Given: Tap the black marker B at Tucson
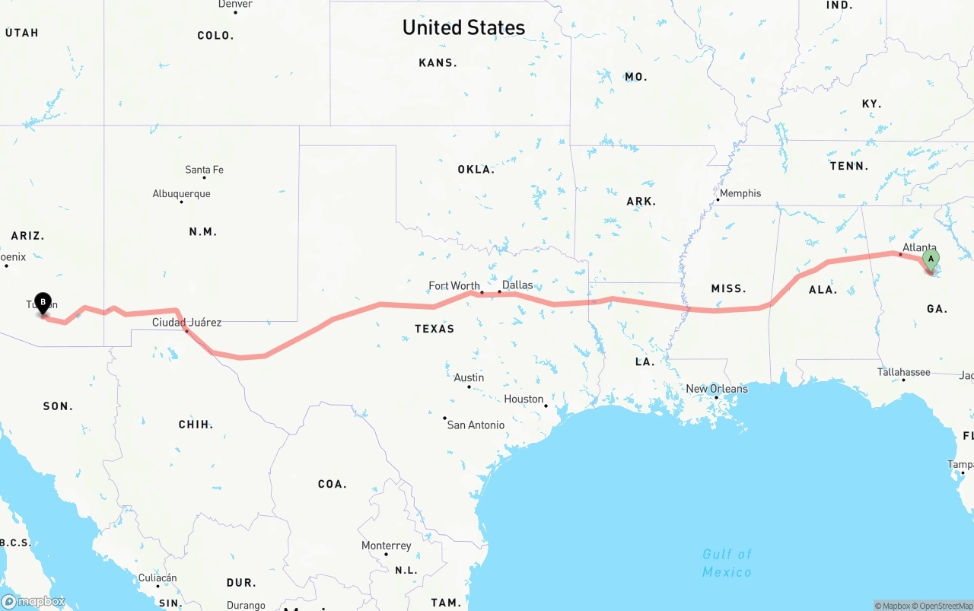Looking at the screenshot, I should pos(43,304).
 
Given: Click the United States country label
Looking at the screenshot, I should pos(463,27).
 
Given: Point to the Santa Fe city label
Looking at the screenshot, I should pos(204,170).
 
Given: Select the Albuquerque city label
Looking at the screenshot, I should pos(181,194).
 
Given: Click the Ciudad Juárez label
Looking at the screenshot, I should pos(186,323).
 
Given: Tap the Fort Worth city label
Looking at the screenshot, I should pos(454,286).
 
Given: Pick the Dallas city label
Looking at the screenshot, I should pos(517,285).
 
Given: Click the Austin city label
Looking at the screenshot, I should pos(469,377).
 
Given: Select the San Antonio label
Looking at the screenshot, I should pos(476,425).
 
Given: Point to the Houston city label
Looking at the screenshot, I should pos(524,399).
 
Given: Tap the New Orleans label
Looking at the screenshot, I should pos(717,389).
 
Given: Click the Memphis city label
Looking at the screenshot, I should pos(740,193).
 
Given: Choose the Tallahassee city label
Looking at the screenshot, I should pos(904,372).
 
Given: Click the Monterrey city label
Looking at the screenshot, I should pos(387,546).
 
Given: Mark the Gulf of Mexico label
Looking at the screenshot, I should pos(727,563).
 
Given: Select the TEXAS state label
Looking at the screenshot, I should pos(434,329).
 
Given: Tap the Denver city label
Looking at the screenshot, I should pos(235,5).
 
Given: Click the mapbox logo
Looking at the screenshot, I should pos(33,601).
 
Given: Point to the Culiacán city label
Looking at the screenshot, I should pos(158,578).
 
